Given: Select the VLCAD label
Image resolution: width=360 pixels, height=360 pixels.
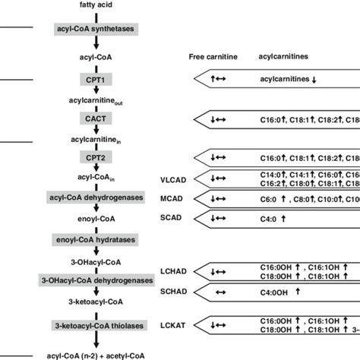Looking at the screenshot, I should [x=173, y=179].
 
